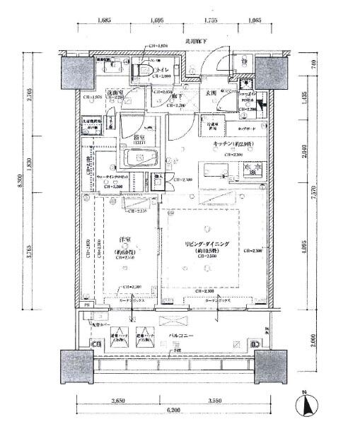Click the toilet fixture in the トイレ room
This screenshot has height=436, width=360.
144,71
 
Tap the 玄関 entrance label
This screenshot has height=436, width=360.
210,93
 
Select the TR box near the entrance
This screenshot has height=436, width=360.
243,61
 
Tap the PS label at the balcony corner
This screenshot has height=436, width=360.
87,317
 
